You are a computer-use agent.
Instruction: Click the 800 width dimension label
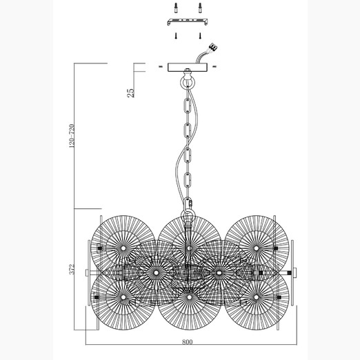187,342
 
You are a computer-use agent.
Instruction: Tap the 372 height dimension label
72,269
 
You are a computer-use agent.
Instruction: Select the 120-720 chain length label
72,136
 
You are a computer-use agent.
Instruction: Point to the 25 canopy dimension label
131,93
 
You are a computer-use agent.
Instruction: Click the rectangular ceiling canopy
188,67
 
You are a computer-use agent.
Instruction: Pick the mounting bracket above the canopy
188,21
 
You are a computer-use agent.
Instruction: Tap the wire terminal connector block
213,48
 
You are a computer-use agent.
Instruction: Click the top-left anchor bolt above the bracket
175,8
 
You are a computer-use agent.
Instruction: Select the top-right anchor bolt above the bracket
200,8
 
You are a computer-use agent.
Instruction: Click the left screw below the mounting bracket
176,36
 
